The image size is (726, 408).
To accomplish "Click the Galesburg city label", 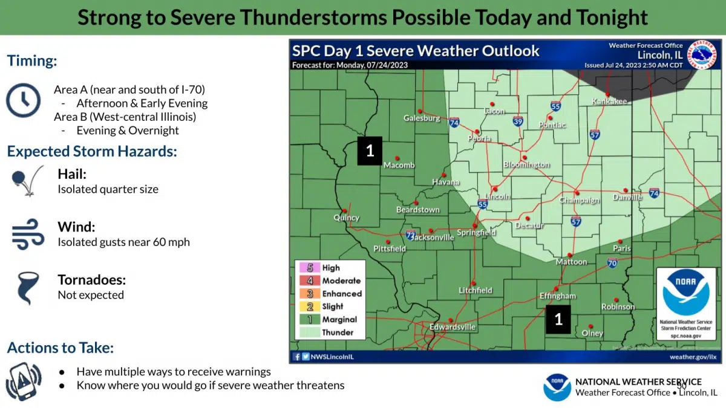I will coord(422,118).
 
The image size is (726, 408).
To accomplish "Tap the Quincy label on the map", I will coord(347,218).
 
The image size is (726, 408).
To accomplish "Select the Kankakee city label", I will coord(609,101).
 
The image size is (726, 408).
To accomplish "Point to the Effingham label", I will coord(557,296).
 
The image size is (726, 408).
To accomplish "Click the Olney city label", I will coord(592,333).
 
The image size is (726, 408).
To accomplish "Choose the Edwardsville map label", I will coord(453,327).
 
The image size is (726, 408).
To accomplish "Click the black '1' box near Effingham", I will coord(558,319).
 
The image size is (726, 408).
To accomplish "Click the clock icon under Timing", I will coord(23,100).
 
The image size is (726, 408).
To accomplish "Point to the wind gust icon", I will coord(28,235).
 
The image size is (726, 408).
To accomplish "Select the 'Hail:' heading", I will coord(72,174).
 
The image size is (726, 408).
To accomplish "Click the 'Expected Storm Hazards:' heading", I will coord(92,151).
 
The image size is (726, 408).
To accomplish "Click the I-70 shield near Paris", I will coord(612,263).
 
